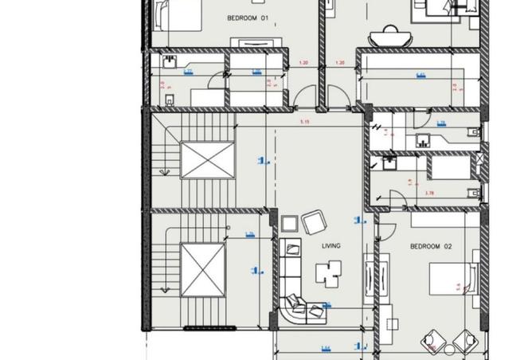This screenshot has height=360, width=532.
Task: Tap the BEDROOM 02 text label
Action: tap(430, 247)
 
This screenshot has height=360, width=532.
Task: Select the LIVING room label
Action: tap(331, 246)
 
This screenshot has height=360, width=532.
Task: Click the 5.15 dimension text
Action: tap(304, 122)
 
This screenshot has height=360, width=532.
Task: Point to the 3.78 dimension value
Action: tap(429, 194)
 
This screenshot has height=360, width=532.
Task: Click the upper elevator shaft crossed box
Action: tap(206, 159)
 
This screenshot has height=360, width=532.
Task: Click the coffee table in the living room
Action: tap(328, 273)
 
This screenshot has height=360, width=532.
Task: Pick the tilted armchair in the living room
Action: tap(313, 221)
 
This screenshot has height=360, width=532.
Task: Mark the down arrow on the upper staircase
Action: tap(163, 168)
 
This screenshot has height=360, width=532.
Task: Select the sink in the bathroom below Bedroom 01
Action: tap(169, 62)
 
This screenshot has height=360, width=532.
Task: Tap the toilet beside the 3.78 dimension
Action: tap(472, 192)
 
